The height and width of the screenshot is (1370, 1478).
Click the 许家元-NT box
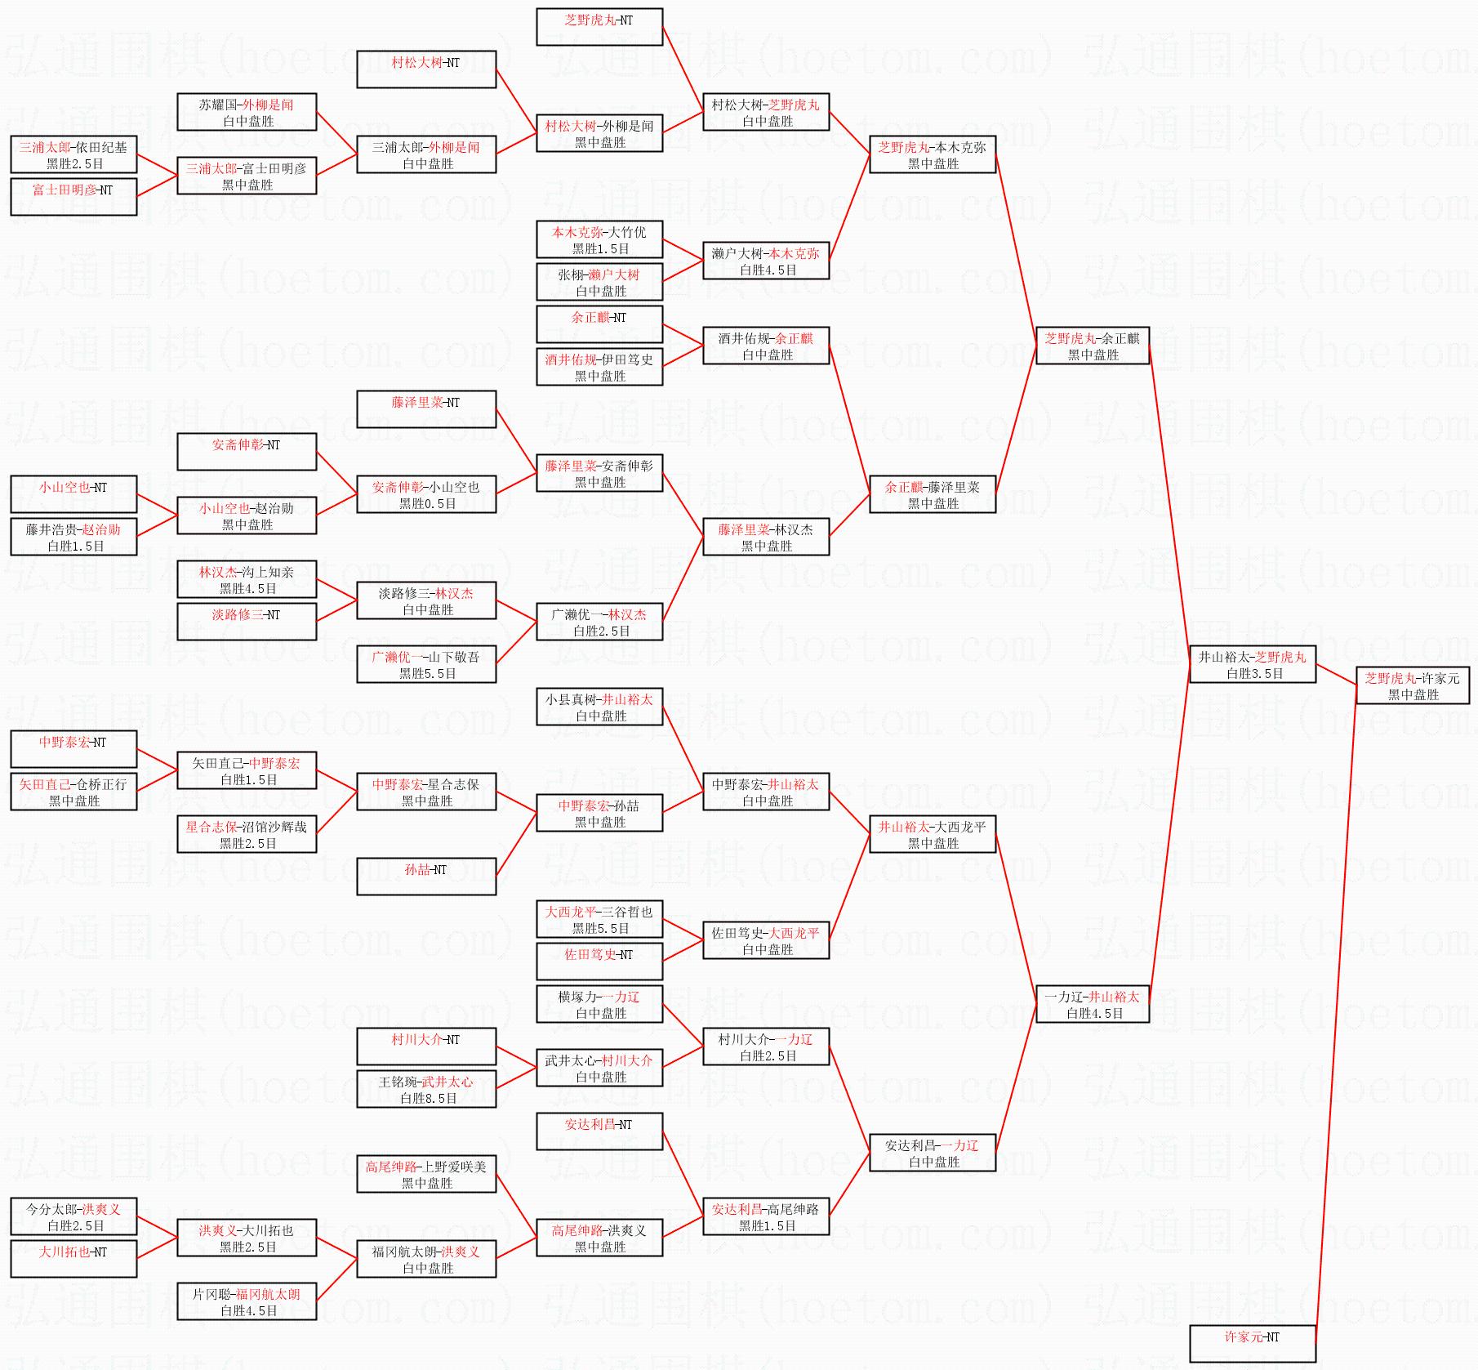1253,1343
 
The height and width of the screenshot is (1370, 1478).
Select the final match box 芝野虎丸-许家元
1413,685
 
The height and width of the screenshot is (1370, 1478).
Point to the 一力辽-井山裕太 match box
1093,1004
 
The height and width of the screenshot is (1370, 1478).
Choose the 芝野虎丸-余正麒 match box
1093,346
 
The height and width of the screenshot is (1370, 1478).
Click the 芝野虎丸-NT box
599,27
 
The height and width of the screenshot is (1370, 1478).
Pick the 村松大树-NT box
426,69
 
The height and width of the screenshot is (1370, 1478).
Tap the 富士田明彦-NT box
73,197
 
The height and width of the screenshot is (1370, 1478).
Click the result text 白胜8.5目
428,1099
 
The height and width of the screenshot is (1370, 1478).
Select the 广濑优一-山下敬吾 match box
426,664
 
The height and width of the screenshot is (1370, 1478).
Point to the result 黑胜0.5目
427,504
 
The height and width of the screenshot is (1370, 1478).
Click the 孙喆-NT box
426,877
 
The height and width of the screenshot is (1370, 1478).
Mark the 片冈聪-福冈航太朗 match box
247,1301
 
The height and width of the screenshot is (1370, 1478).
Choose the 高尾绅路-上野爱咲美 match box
426,1174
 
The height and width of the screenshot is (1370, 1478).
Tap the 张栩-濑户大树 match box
599,282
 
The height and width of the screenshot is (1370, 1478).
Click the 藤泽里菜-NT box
426,409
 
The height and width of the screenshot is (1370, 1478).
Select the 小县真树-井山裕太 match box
599,707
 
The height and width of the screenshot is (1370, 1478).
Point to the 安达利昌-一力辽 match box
933,1153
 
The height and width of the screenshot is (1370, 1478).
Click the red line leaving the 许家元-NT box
1337,1015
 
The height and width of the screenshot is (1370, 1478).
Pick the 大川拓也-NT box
73,1259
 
